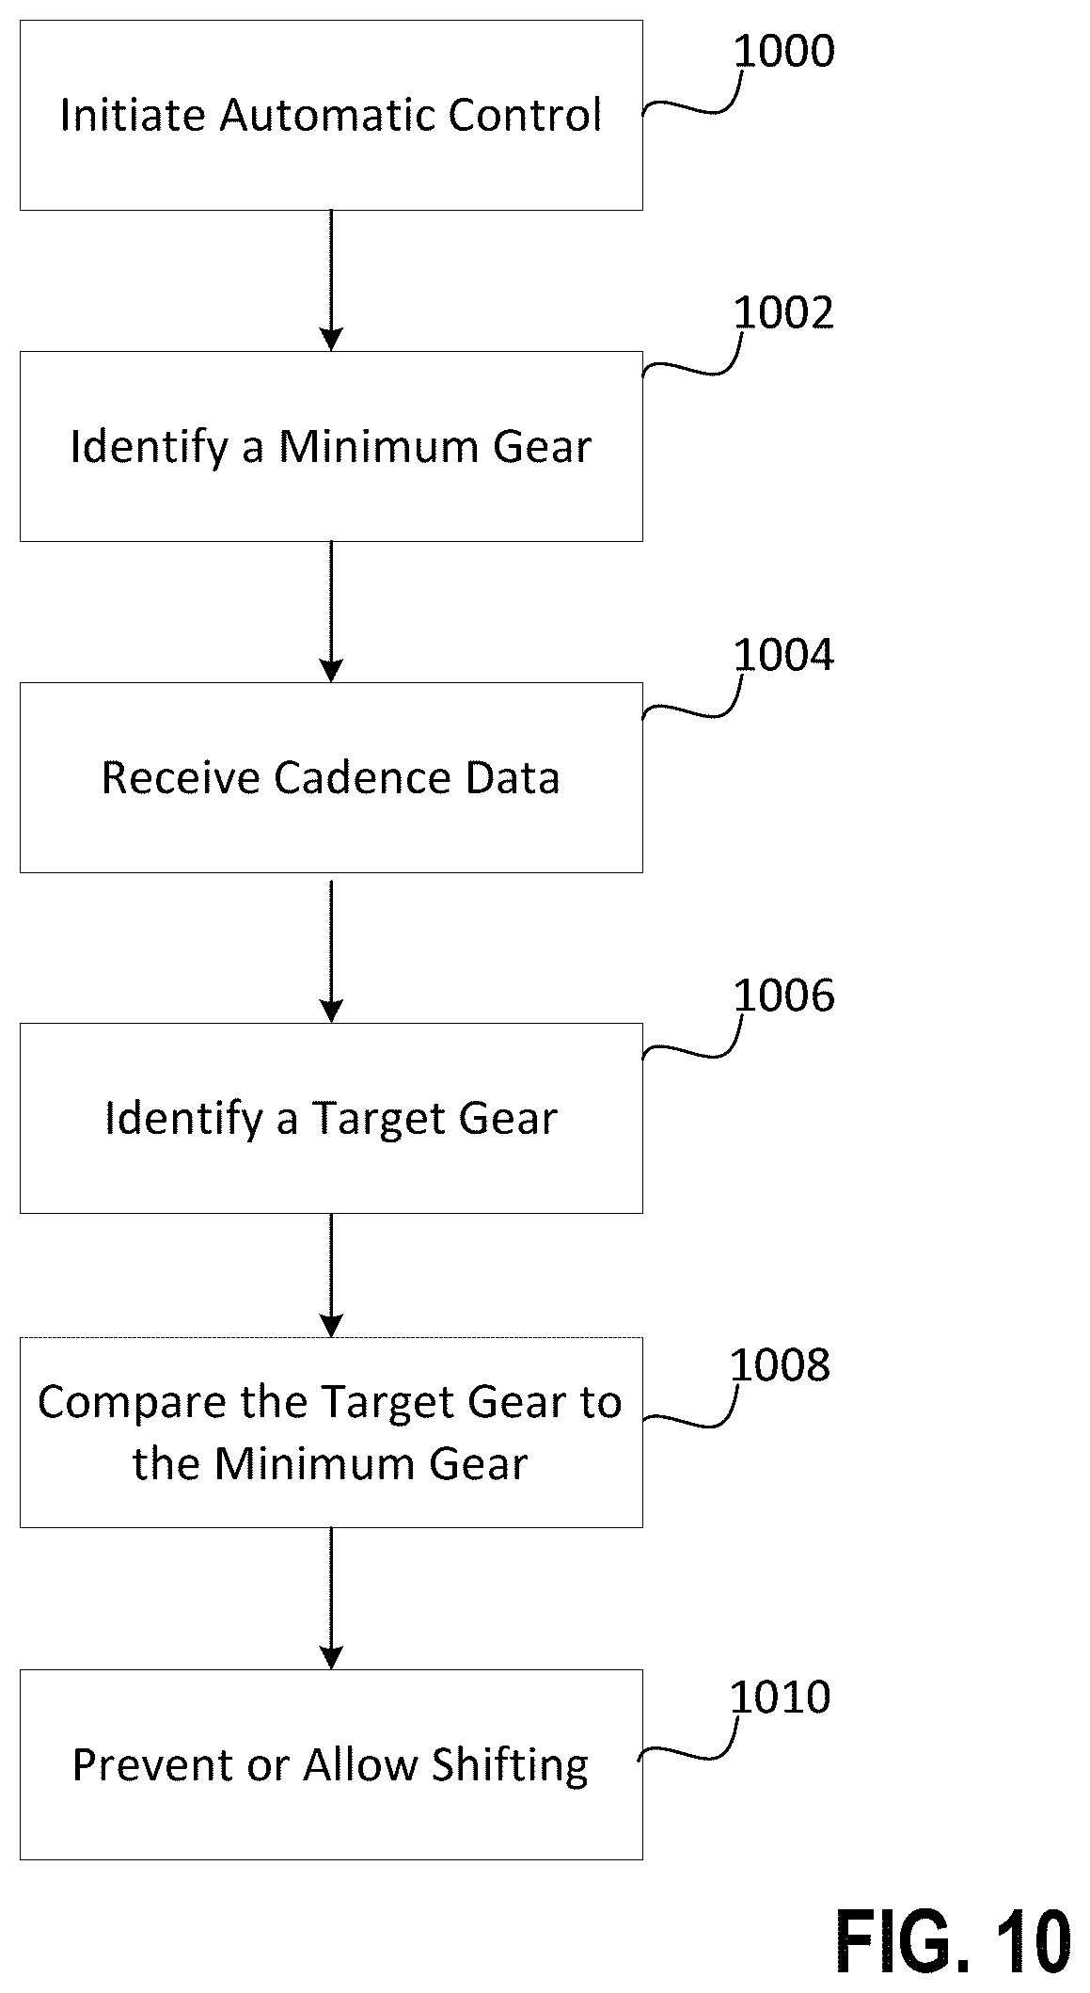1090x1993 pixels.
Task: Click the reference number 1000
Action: pos(783,52)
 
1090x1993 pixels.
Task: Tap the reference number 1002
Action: pos(783,313)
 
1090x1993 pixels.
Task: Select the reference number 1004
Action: pos(783,655)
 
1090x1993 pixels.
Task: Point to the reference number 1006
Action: pos(783,996)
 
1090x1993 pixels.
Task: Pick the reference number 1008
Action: pos(781,1365)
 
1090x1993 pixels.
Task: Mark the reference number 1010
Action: pos(781,1697)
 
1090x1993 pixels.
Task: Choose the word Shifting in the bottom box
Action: pos(510,1766)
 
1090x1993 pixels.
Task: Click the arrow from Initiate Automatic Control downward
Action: pos(331,280)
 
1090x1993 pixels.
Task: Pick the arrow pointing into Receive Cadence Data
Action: pos(331,612)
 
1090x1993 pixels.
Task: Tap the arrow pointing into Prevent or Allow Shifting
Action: pos(331,1598)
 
